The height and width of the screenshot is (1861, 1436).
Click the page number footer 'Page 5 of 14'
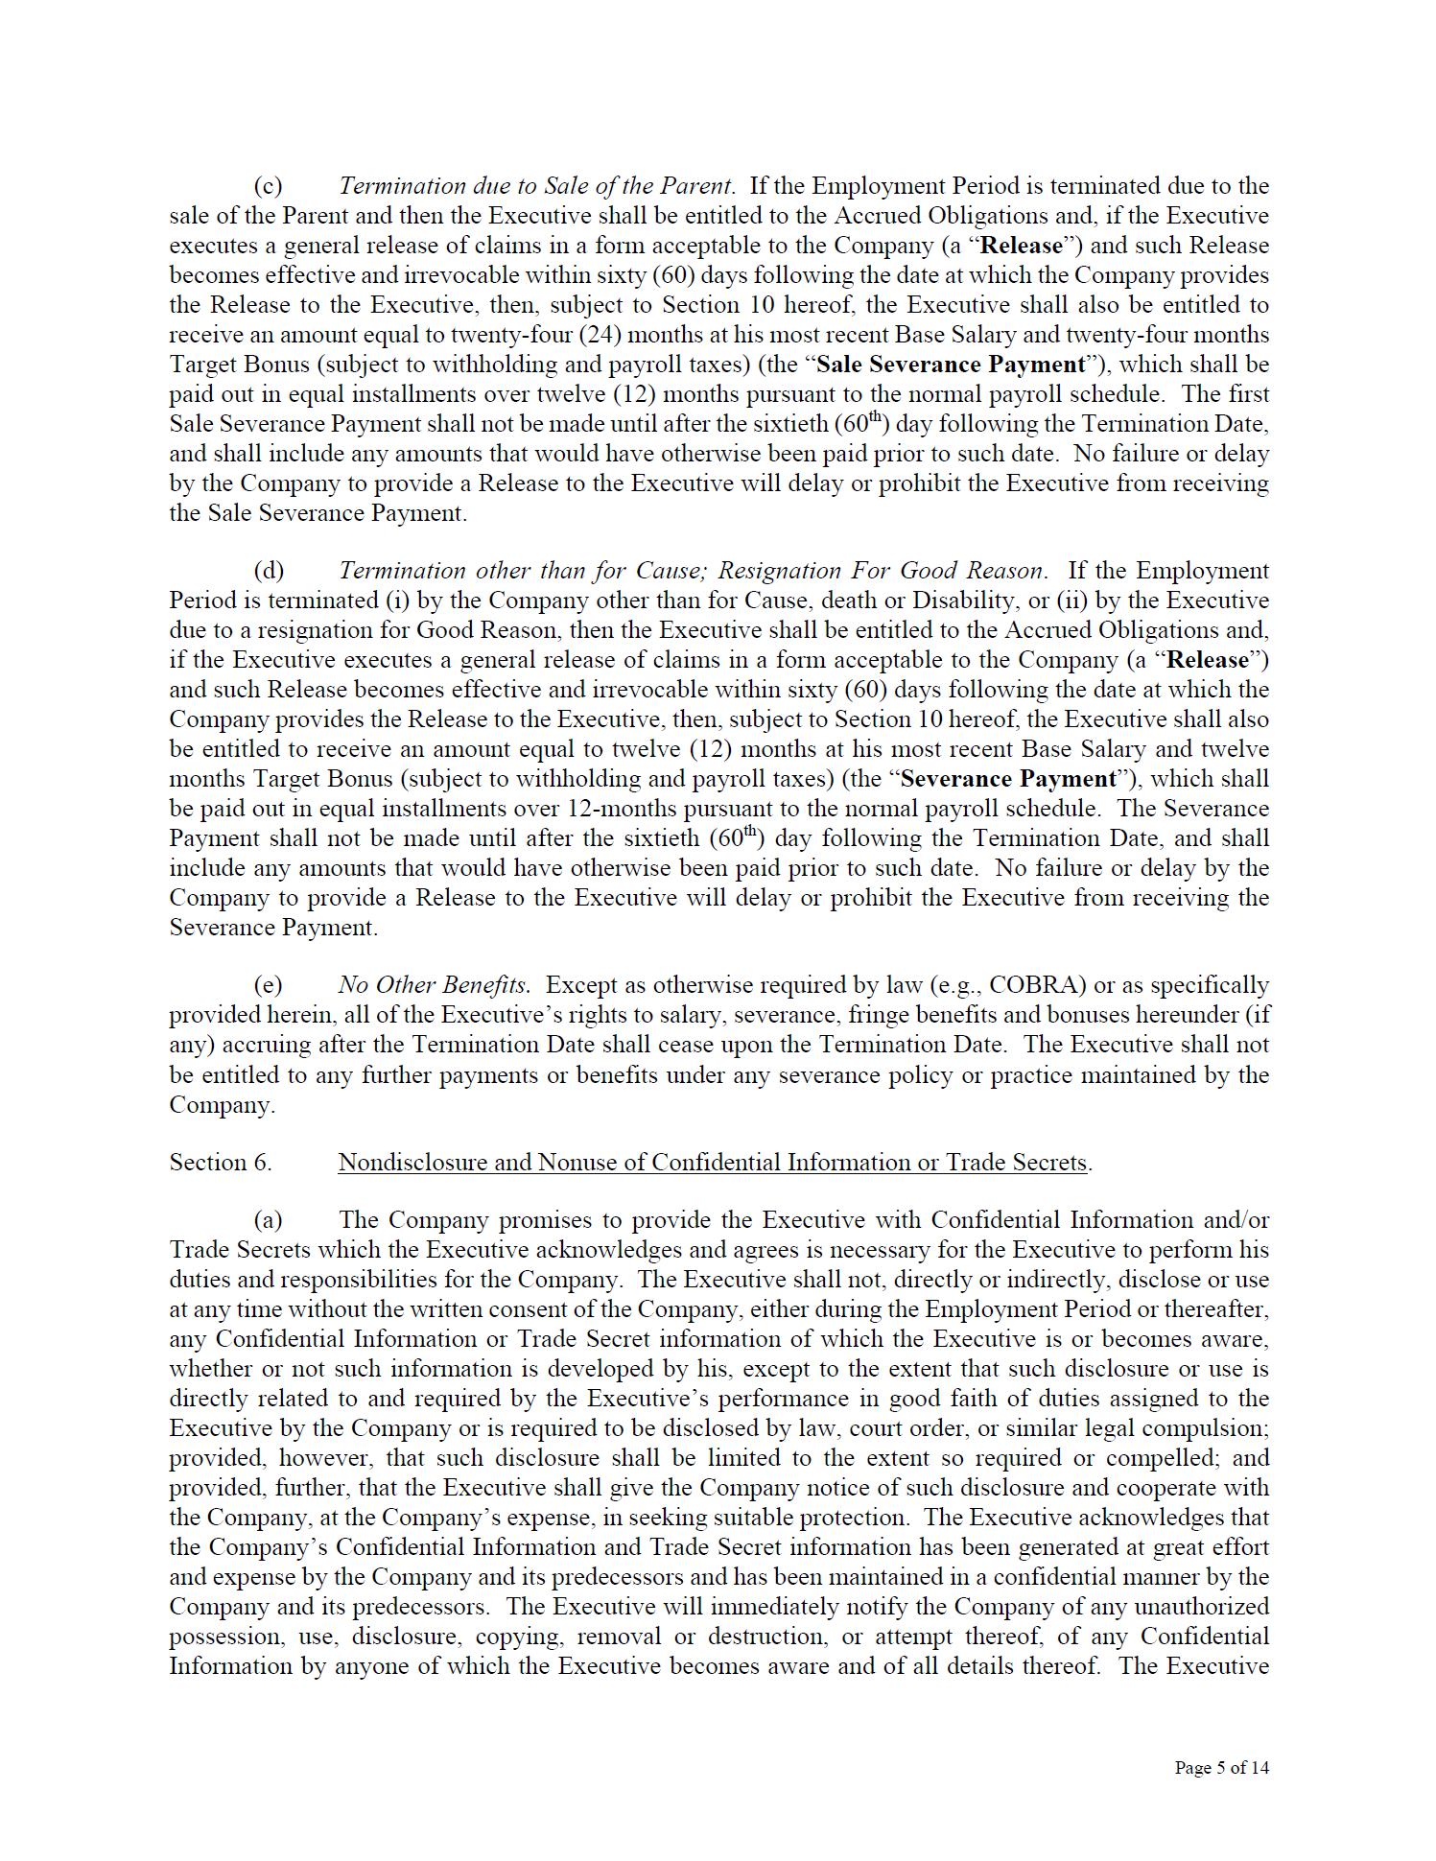click(x=1221, y=1767)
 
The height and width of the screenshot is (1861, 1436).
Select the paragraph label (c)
click(x=268, y=185)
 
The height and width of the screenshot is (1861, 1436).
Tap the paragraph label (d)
click(x=269, y=571)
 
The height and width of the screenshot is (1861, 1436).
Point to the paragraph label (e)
click(x=268, y=985)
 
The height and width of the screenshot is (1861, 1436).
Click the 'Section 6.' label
click(x=221, y=1163)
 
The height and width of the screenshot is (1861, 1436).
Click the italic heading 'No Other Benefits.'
click(x=434, y=985)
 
